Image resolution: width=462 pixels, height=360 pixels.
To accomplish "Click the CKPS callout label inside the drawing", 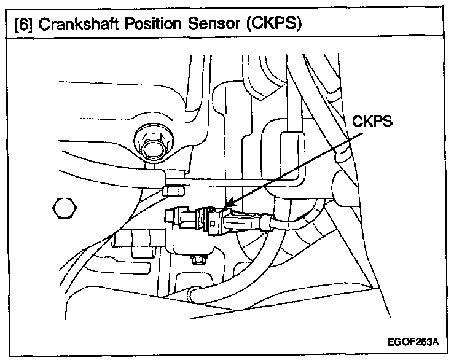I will (372, 122).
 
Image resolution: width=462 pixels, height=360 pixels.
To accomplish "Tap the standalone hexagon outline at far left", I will (64, 207).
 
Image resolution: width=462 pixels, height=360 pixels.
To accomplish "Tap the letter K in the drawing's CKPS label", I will (366, 122).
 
